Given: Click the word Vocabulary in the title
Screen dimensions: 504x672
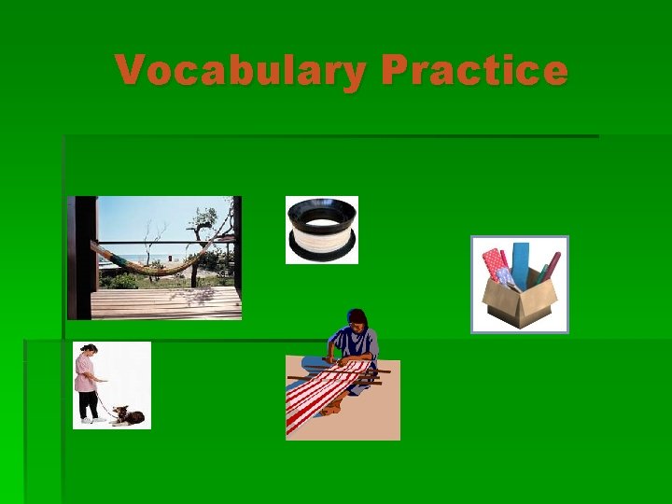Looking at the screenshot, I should [x=241, y=71].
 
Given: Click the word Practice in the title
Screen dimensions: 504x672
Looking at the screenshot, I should [x=474, y=71].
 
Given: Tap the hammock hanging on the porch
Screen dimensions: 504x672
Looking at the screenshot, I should [x=154, y=262].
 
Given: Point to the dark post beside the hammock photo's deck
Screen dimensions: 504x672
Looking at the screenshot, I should [x=82, y=257].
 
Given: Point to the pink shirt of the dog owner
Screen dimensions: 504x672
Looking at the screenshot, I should [x=88, y=372].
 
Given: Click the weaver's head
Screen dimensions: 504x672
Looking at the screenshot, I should [x=357, y=319].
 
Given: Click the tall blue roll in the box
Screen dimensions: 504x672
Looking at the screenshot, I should [x=520, y=261].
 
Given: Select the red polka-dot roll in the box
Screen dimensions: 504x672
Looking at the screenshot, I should [x=492, y=263].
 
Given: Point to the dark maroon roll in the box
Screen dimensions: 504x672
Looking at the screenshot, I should [x=549, y=265].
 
